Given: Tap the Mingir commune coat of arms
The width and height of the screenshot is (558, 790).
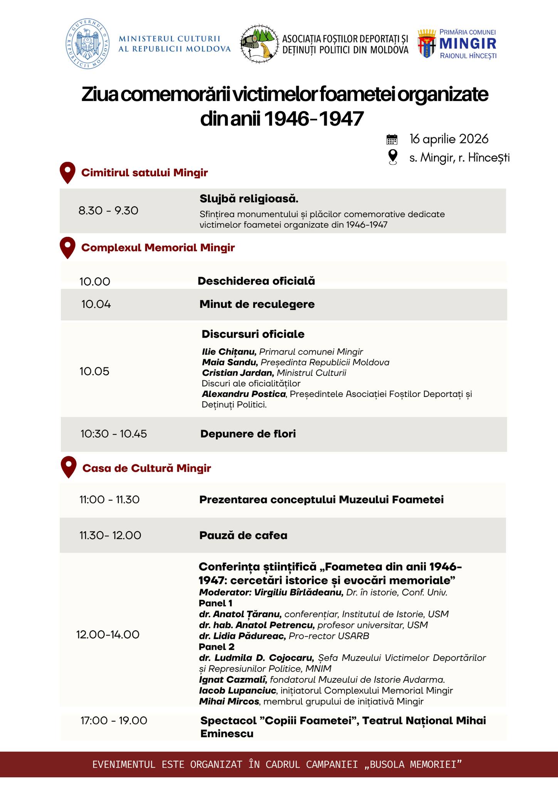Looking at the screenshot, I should point(427,44).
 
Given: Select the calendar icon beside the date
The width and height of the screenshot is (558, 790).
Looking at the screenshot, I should point(392,139).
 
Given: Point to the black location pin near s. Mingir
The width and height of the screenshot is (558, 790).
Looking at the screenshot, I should point(392,157).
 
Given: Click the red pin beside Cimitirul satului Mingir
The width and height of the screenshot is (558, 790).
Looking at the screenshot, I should point(67,173).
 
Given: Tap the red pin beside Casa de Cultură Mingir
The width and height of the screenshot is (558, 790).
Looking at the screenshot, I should point(69,467).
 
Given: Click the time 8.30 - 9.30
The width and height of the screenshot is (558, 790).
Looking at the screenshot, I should point(108,211).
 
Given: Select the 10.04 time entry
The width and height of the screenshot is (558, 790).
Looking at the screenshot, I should point(96,304).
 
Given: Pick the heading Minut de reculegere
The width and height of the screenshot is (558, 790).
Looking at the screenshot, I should point(257,304).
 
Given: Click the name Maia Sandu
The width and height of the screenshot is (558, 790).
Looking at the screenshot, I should point(230,362).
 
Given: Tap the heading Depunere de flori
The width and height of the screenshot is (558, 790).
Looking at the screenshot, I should point(248,434).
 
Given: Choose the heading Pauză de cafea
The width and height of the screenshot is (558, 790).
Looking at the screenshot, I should point(243,535).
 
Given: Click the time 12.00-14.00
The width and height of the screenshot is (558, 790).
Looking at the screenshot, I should point(108,635).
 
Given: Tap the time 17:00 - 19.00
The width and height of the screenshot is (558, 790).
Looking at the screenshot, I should point(114,721).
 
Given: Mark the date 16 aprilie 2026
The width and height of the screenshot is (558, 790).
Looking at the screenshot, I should point(449,139).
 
